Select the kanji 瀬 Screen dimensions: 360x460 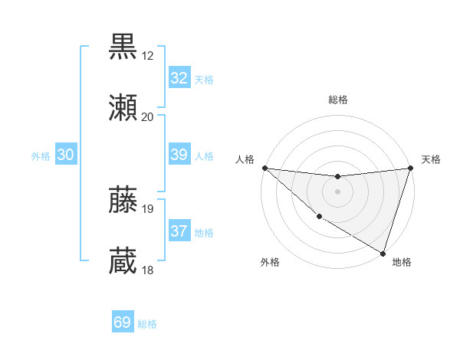click(123, 108)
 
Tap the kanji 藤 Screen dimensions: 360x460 click(123, 199)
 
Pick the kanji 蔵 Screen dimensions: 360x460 click(123, 261)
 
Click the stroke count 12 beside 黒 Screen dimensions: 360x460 click(147, 55)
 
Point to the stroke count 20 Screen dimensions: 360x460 click(147, 117)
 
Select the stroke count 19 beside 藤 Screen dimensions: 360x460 click(147, 208)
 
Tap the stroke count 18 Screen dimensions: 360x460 click(147, 270)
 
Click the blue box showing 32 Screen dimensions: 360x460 click(179, 78)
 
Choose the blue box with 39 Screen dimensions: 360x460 click(179, 155)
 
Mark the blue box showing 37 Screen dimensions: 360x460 click(179, 231)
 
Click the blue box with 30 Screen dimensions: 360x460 click(66, 155)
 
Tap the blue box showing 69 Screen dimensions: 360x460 click(123, 322)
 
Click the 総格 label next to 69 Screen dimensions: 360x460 click(147, 324)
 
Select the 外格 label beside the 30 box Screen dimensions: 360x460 click(41, 156)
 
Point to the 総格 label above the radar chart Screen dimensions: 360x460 click(337, 100)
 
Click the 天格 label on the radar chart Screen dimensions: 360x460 click(431, 159)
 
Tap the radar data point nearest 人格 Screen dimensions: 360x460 click(264, 168)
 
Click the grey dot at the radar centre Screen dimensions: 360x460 click(337, 191)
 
